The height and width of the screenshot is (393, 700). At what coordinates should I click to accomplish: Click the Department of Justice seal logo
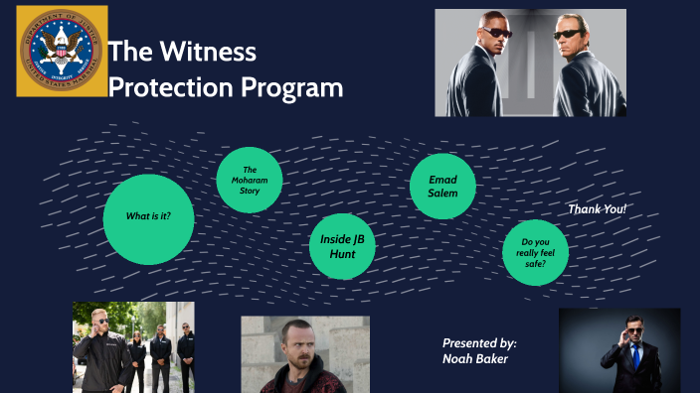coord(62,52)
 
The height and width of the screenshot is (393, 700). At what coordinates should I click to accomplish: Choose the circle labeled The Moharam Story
coord(250,180)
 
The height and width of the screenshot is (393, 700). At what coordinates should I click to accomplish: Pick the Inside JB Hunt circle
coord(342,246)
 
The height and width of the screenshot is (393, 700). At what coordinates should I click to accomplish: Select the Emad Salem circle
coord(442,186)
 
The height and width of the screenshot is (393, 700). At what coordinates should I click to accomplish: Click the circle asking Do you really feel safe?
coord(535,253)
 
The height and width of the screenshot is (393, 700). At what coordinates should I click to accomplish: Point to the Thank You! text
coord(597,209)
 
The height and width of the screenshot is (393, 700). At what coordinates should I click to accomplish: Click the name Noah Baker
coord(475,358)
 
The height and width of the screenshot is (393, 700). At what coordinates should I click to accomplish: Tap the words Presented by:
coord(479,342)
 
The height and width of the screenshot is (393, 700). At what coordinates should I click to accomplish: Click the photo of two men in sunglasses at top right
coord(530,63)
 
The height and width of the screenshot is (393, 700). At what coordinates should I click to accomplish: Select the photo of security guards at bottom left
coord(133,346)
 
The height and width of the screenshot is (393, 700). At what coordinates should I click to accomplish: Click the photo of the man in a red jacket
coord(304,354)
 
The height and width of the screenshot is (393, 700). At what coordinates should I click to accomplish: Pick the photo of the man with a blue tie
coord(618,349)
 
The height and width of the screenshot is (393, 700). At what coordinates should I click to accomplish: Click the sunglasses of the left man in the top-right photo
coord(497,33)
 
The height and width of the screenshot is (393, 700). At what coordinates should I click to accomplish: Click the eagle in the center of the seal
coord(62,51)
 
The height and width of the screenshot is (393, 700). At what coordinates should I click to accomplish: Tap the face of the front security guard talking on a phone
coord(99,322)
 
